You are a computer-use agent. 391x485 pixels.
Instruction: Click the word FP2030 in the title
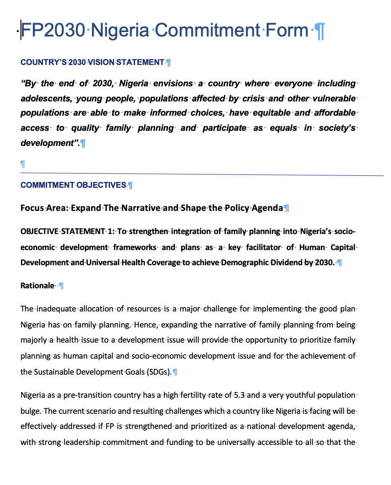pos(53,30)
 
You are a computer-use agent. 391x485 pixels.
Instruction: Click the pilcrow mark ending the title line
pos(319,31)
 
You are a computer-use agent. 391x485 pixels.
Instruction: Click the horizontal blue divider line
pos(200,174)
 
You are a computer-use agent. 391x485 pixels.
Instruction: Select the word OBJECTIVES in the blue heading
pos(101,185)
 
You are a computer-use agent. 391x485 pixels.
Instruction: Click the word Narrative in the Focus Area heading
pos(138,208)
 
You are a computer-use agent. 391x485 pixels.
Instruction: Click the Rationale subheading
pos(37,286)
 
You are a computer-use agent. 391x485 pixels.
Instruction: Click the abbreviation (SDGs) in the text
pos(158,372)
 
